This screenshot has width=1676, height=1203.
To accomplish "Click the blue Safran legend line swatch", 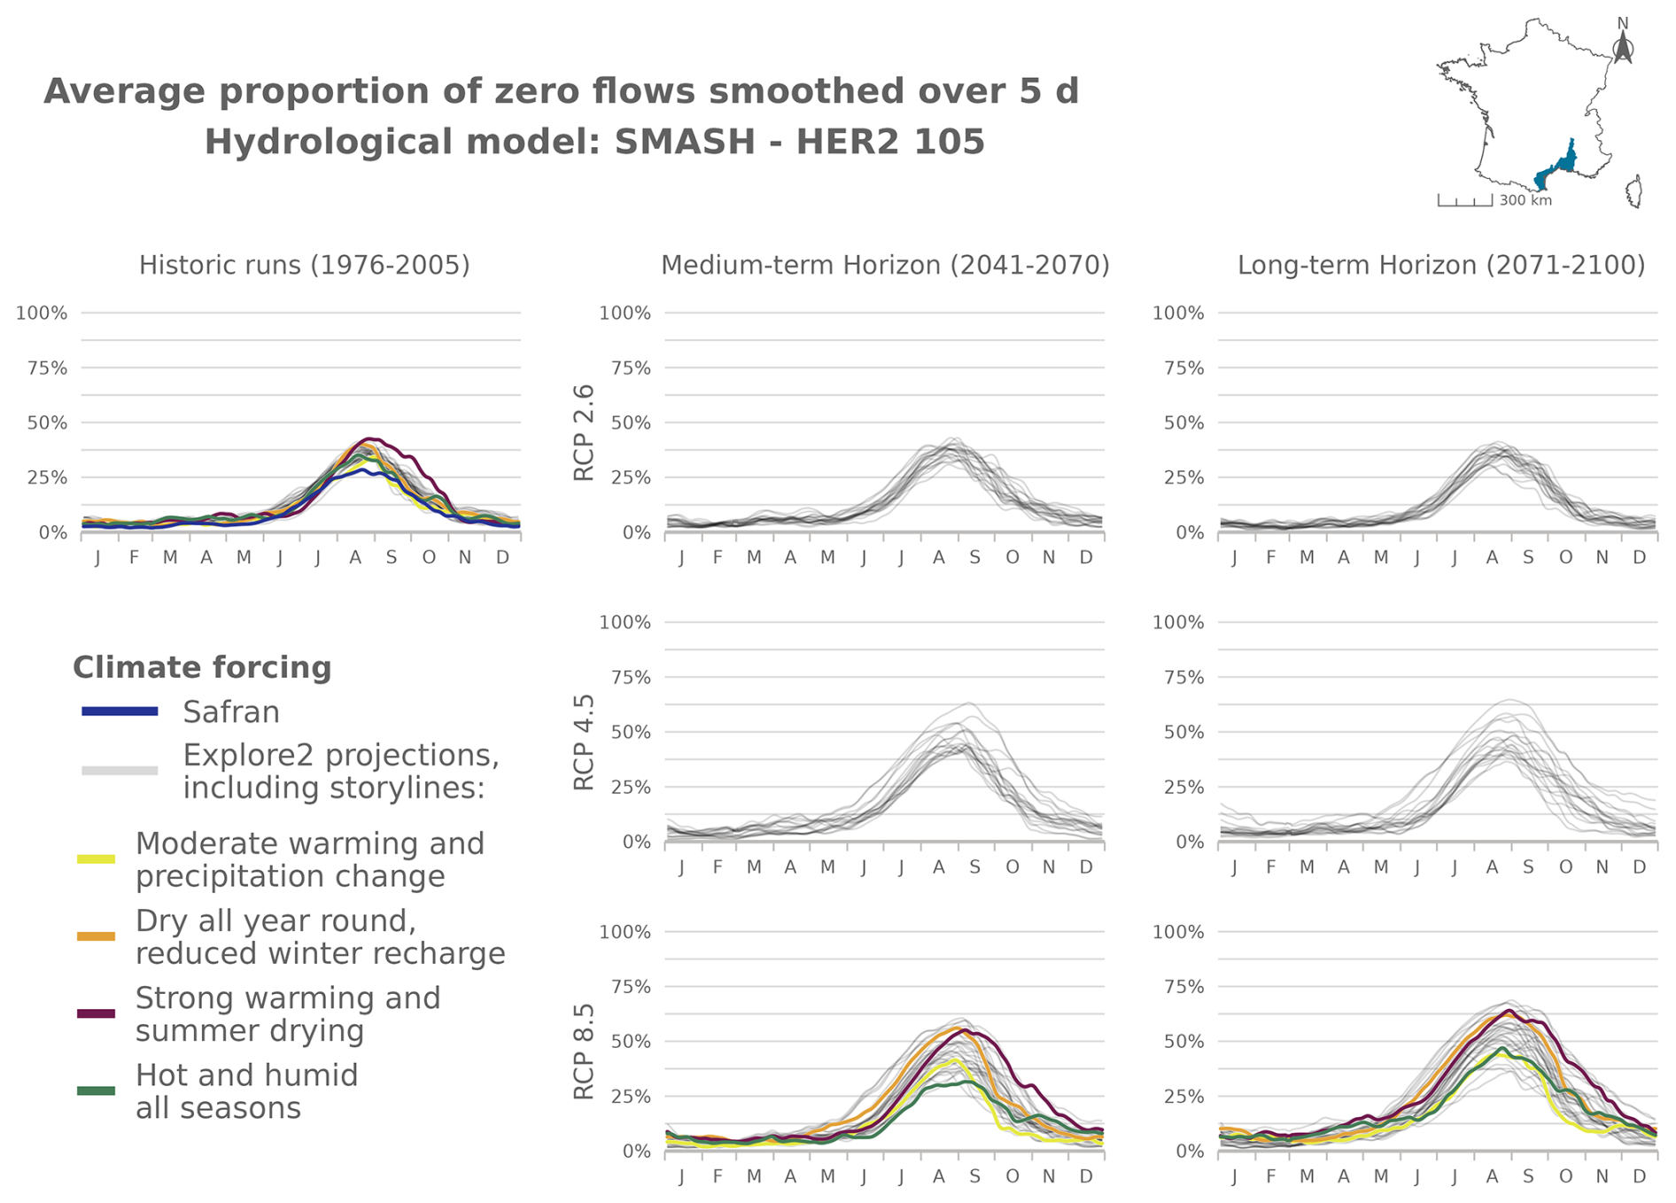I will (x=120, y=711).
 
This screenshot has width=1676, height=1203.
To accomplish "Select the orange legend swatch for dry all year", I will (x=97, y=936).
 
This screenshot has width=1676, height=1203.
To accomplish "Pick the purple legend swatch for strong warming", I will (x=97, y=1013).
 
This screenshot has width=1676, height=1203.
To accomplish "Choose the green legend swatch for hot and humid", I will (x=97, y=1090).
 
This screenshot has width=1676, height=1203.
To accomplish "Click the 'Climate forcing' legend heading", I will (x=202, y=668).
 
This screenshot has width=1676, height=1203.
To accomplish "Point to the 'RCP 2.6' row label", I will (x=584, y=432).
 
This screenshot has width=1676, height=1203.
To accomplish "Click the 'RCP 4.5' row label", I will (x=584, y=741).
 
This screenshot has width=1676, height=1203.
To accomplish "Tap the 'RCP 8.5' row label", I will (x=584, y=1052).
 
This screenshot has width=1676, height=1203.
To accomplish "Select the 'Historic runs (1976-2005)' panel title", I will (x=304, y=265).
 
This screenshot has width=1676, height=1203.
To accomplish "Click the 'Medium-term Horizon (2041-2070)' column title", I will (x=885, y=265).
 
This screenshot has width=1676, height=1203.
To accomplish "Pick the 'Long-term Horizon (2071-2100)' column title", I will (x=1440, y=265).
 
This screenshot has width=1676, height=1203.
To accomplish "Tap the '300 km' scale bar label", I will (x=1525, y=201).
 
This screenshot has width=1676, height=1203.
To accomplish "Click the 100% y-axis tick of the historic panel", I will (x=42, y=313).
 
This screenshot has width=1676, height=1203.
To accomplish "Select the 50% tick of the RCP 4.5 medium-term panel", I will (x=625, y=733).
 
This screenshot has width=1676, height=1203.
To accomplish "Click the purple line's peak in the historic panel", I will (x=372, y=439).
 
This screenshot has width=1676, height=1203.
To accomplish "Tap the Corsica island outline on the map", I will (x=1635, y=191).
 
